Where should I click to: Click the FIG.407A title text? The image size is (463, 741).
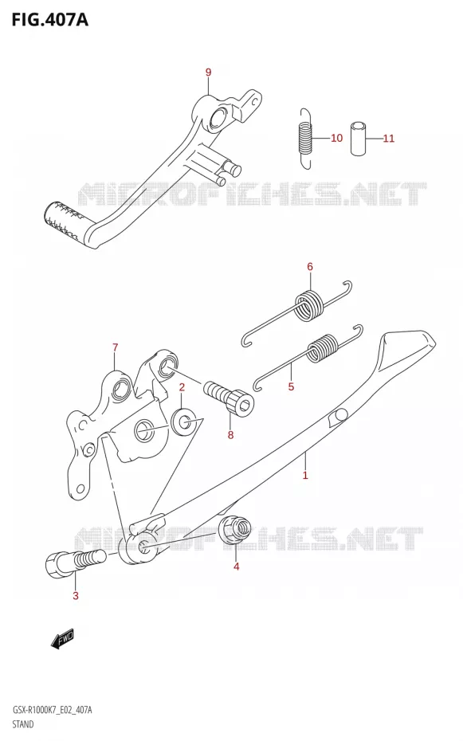tap(50, 21)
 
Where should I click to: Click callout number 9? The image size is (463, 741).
tap(208, 73)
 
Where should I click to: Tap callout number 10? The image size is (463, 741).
tap(336, 138)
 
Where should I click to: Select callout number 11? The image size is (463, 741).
tap(388, 139)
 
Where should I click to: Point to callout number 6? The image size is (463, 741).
tap(310, 267)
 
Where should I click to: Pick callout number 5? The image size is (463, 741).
tap(291, 386)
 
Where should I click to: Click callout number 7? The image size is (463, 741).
tap(116, 348)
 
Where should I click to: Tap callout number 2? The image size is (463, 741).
tap(182, 387)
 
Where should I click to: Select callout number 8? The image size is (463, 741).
tap(230, 435)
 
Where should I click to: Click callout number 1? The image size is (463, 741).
tap(305, 475)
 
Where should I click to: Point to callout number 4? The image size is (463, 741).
tap(236, 567)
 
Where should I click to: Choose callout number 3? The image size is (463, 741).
tap(76, 596)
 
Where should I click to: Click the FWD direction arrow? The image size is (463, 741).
tap(63, 639)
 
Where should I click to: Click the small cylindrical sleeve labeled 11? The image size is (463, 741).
tap(359, 139)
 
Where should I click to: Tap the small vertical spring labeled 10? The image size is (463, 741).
tap(306, 139)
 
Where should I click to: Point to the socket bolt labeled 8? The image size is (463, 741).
tap(229, 398)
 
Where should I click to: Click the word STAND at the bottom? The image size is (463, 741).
tap(22, 723)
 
